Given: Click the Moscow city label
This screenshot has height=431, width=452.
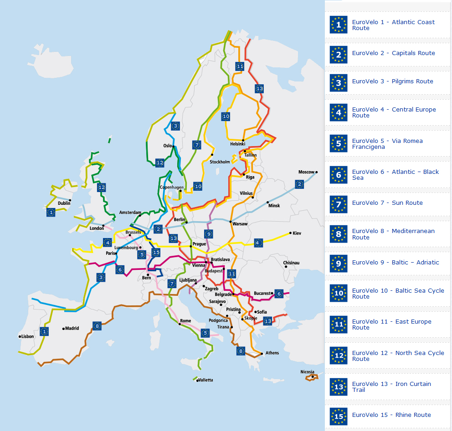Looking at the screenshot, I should click(x=306, y=172).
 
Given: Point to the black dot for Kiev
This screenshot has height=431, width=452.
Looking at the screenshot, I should click(x=290, y=233).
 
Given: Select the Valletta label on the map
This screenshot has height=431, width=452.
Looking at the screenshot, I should click(x=205, y=380).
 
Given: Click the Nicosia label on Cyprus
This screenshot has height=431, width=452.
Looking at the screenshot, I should click(x=307, y=372).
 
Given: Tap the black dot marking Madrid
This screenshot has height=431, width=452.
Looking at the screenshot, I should click(x=63, y=328).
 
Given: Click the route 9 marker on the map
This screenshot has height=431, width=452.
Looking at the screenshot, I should click(x=209, y=234).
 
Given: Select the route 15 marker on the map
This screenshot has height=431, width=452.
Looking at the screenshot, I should click(x=156, y=253).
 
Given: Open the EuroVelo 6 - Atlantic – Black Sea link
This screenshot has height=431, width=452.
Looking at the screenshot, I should click(x=395, y=175).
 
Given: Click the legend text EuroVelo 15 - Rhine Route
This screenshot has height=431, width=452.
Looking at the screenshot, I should click(x=391, y=415).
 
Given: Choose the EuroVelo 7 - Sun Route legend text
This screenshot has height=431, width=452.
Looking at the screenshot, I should click(x=387, y=203).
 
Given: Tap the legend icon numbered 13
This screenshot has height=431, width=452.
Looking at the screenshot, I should click(x=338, y=387).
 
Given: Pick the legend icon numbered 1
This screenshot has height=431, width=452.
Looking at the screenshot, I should click(x=338, y=25).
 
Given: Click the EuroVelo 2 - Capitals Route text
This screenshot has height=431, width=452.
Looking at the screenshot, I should click(x=393, y=53).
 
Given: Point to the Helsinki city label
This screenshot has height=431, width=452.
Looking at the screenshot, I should click(x=237, y=144).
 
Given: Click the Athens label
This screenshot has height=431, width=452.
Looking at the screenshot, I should click(x=272, y=353).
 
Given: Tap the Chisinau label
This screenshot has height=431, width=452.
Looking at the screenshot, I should click(x=291, y=263).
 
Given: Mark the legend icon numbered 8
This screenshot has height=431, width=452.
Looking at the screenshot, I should click(x=338, y=234).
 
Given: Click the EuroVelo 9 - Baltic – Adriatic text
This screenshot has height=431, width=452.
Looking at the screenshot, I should click(x=395, y=263).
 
